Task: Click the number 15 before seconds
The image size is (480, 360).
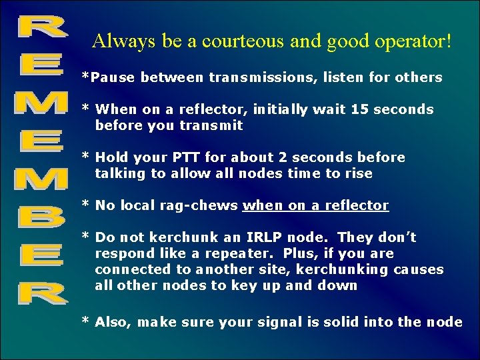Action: tap(373, 109)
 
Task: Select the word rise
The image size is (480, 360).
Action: tap(359, 173)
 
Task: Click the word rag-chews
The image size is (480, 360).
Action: tap(199, 205)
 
